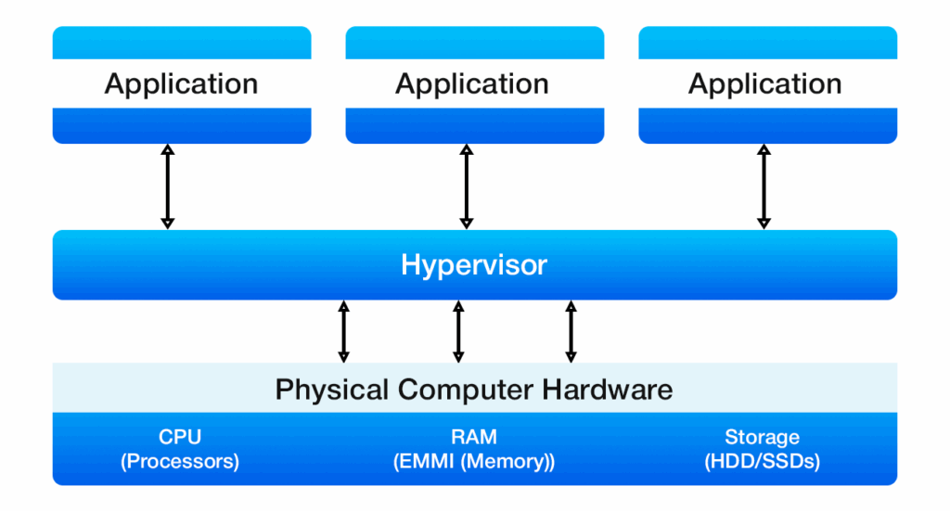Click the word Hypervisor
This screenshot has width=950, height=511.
click(474, 265)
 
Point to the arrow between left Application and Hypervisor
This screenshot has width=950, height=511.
click(168, 186)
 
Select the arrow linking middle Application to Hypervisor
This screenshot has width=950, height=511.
click(467, 186)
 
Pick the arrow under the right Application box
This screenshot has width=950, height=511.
click(764, 186)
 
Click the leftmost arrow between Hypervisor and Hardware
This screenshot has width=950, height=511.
click(344, 331)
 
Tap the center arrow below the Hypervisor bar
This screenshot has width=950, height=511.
click(457, 331)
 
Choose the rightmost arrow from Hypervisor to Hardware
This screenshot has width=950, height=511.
click(571, 331)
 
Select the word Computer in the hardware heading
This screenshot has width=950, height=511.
click(449, 388)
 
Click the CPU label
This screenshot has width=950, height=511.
click(180, 437)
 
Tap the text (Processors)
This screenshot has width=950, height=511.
click(180, 461)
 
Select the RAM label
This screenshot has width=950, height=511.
click(474, 437)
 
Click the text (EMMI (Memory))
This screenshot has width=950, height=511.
click(474, 461)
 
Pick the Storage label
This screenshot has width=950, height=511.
click(762, 437)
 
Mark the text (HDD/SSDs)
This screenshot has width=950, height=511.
click(762, 461)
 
